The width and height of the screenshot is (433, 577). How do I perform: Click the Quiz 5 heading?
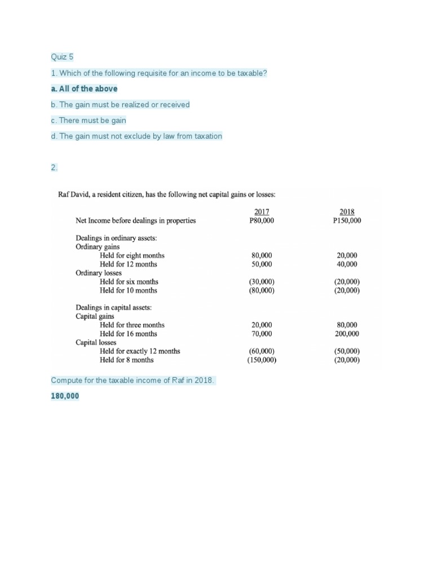pyautogui.click(x=62, y=57)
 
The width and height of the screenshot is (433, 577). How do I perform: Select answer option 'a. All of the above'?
pyautogui.click(x=84, y=89)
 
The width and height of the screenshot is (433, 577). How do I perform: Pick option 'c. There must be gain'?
pyautogui.click(x=88, y=121)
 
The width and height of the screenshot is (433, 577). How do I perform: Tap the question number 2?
pyautogui.click(x=54, y=167)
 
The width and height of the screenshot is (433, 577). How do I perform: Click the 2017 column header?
pyautogui.click(x=262, y=212)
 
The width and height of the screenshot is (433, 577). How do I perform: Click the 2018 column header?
pyautogui.click(x=347, y=212)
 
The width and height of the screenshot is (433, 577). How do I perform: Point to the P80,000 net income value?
pyautogui.click(x=262, y=221)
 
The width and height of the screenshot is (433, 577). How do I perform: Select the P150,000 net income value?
pyautogui.click(x=347, y=221)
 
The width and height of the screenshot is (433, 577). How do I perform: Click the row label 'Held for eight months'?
pyautogui.click(x=132, y=255)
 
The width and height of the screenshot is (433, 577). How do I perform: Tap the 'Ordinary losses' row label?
pyautogui.click(x=99, y=273)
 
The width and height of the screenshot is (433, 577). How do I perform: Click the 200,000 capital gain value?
pyautogui.click(x=347, y=334)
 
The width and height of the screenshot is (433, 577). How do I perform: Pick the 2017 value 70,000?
pyautogui.click(x=262, y=334)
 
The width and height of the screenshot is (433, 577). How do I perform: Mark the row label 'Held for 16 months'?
pyautogui.click(x=129, y=334)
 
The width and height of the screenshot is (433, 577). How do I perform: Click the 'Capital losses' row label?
pyautogui.click(x=96, y=342)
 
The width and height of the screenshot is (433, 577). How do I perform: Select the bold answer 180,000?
pyautogui.click(x=65, y=397)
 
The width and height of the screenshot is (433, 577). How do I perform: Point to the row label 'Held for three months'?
pyautogui.click(x=132, y=325)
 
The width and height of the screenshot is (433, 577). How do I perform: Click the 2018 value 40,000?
pyautogui.click(x=347, y=264)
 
